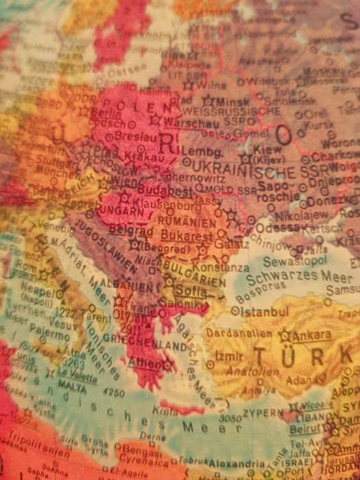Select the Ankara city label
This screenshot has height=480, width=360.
[311, 336]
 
